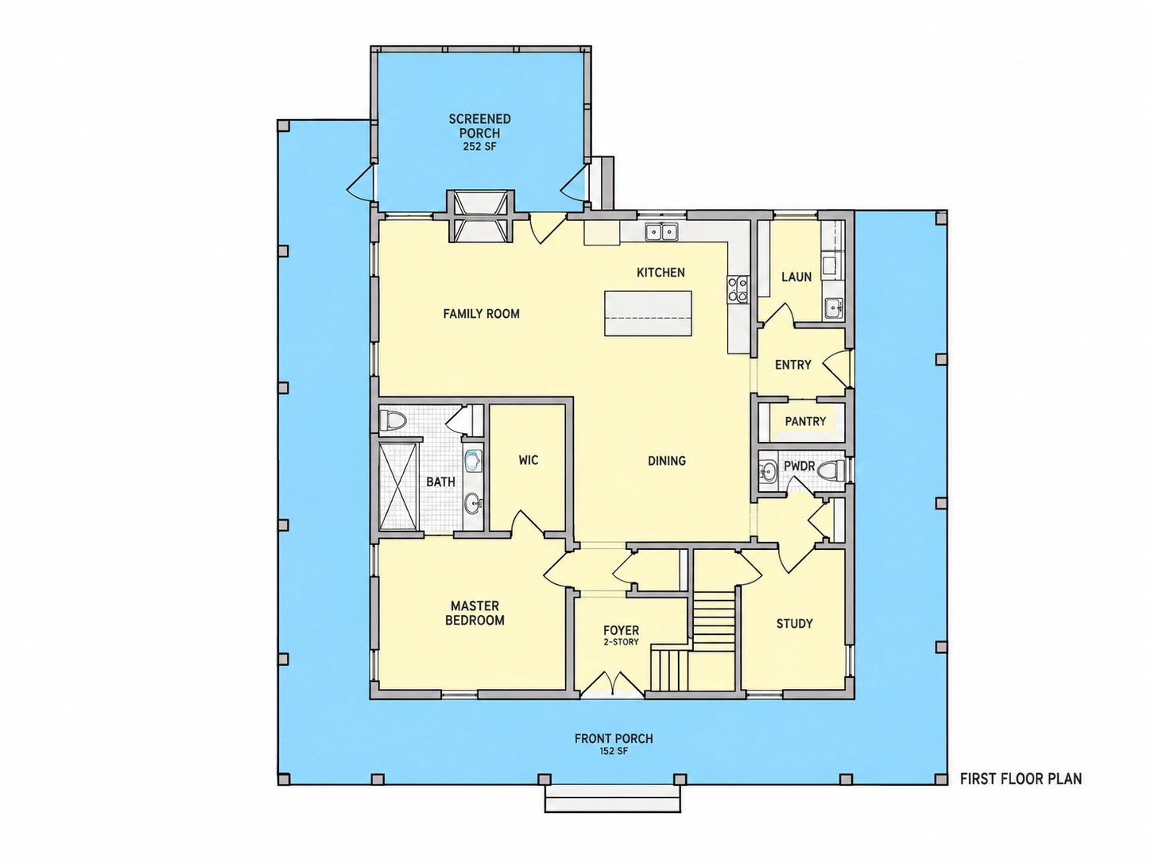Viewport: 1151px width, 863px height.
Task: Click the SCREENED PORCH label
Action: pos(479,126)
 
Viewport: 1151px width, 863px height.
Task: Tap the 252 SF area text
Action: pos(479,147)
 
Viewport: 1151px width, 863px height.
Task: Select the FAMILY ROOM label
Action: pos(482,314)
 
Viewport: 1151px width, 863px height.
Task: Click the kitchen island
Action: pos(648,313)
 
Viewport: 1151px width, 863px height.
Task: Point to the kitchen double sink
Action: pos(662,231)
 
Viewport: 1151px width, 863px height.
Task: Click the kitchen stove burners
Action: pos(738,289)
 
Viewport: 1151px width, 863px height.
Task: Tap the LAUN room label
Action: pos(796,277)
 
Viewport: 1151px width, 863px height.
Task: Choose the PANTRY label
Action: pos(805,421)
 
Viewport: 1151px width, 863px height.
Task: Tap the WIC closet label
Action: pos(528,460)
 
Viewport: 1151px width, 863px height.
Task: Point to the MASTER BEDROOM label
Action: pos(475,613)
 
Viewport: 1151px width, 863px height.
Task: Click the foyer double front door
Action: pos(612,684)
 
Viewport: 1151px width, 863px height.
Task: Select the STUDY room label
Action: pos(794,624)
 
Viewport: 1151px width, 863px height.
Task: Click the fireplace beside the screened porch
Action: pos(480,216)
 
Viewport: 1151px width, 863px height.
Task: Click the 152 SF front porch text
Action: pos(614,751)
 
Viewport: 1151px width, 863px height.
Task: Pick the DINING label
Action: pos(667,461)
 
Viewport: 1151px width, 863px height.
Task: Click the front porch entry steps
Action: pos(613,799)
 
